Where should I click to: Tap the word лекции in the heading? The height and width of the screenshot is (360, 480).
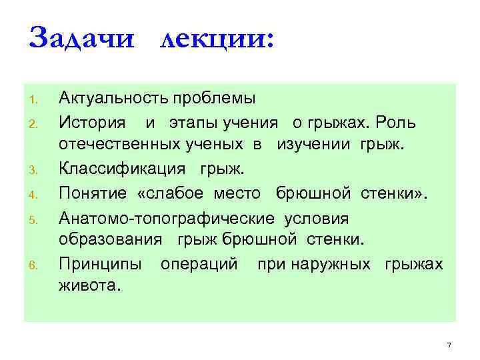pyautogui.click(x=214, y=38)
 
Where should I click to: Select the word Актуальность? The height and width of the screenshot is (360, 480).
pyautogui.click(x=114, y=100)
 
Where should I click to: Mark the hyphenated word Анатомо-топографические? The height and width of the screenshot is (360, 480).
pyautogui.click(x=167, y=218)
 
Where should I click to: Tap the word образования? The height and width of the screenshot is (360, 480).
pyautogui.click(x=111, y=241)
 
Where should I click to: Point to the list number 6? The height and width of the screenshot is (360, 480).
pyautogui.click(x=31, y=266)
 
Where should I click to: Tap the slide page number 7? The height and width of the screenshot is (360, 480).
pyautogui.click(x=449, y=345)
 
